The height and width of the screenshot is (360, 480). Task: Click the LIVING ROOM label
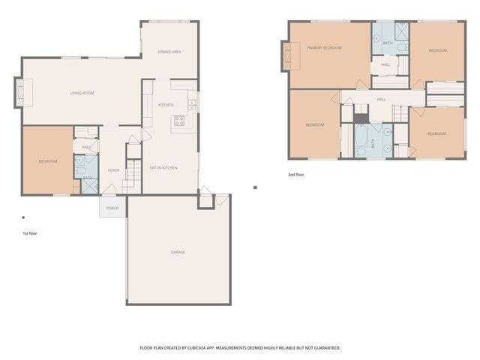pyautogui.click(x=82, y=93)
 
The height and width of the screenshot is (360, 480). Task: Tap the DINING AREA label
pyautogui.click(x=169, y=52)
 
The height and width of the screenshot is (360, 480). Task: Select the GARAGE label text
pyautogui.click(x=178, y=252)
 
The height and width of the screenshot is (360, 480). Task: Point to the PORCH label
pyautogui.click(x=112, y=208)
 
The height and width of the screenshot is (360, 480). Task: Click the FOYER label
pyautogui.click(x=113, y=170)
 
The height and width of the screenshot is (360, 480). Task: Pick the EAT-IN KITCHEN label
pyautogui.click(x=163, y=167)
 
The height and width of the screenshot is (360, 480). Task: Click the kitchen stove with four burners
pyautogui.click(x=180, y=120)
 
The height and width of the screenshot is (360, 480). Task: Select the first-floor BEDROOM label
pyautogui.click(x=48, y=161)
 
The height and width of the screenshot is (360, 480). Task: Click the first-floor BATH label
pyautogui.click(x=87, y=178)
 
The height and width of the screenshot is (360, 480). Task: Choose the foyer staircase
pyautogui.click(x=132, y=175)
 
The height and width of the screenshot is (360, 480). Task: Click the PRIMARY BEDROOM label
pyautogui.click(x=324, y=48)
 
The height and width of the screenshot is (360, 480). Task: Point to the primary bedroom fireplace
pyautogui.click(x=286, y=55)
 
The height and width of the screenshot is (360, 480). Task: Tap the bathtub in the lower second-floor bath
pyautogui.click(x=361, y=139)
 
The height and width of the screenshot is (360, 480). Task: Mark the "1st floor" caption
pyautogui.click(x=30, y=233)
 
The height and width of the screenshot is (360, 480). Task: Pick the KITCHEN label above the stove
pyautogui.click(x=166, y=104)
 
